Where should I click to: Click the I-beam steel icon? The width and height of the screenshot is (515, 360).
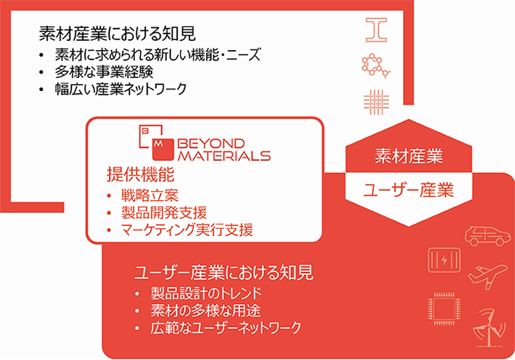pos(376,30)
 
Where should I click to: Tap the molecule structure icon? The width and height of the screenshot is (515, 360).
pos(376,65)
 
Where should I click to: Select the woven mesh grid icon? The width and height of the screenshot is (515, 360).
pos(376,102)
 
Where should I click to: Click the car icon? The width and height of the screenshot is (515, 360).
pos(488,236)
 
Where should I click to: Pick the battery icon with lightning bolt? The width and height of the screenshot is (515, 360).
pos(444,260)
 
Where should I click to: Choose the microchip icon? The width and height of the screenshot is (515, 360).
pos(444,308)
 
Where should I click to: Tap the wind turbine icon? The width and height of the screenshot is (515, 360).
pos(488,327)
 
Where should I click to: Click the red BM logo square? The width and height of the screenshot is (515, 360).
pos(163,149)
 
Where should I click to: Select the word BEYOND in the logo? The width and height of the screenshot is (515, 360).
pos(211,143)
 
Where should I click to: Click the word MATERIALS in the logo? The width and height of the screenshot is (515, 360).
pos(224,155)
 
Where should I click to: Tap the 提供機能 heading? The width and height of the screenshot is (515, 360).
pos(140,174)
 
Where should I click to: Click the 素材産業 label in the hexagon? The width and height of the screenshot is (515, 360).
pos(409,156)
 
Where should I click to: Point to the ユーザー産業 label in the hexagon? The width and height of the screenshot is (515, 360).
pos(408,190)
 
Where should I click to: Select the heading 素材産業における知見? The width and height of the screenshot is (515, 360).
pos(117,34)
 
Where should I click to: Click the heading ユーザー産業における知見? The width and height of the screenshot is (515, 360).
pos(223,273)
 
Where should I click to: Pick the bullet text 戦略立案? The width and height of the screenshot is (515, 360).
pos(150,196)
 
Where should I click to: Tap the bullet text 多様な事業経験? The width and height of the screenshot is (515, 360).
pos(104,72)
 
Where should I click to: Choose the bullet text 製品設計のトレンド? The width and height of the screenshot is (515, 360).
pos(206,293)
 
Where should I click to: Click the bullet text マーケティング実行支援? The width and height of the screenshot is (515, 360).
pos(187,230)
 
